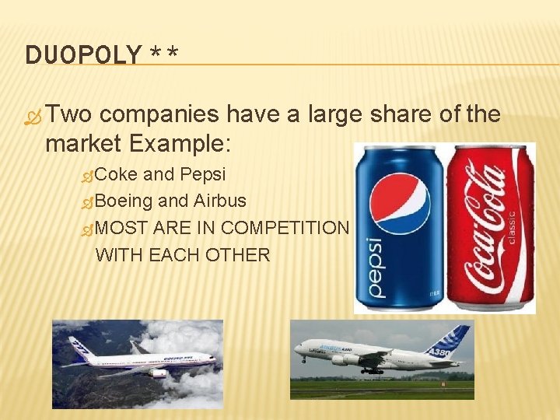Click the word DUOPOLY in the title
click(84, 54)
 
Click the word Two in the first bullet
click(69, 115)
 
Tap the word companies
click(160, 115)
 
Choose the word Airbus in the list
click(220, 201)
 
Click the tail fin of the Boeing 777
click(77, 346)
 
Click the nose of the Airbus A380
click(298, 351)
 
